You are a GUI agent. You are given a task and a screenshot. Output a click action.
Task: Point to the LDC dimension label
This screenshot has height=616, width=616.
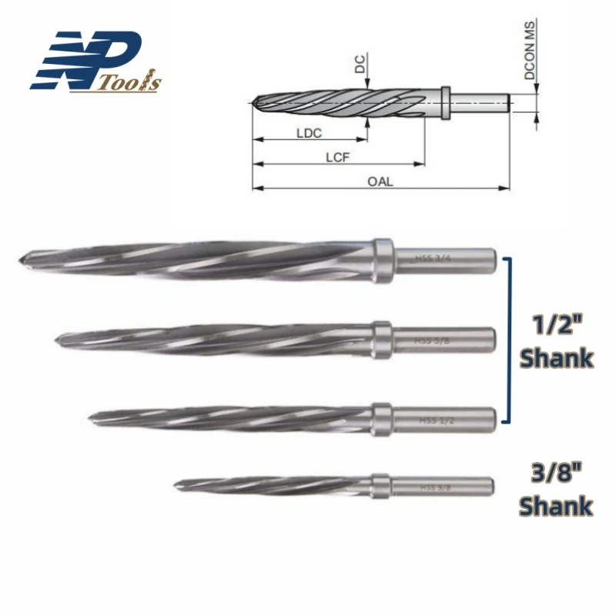(308, 132)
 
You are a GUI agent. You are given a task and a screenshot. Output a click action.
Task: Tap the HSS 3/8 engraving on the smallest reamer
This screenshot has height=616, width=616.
(436, 487)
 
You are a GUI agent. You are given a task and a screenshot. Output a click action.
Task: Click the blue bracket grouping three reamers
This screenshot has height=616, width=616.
(507, 339)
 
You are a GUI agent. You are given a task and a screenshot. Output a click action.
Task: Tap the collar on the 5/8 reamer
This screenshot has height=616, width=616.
(380, 339)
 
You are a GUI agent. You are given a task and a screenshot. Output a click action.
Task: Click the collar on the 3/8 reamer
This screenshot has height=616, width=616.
(380, 486)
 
